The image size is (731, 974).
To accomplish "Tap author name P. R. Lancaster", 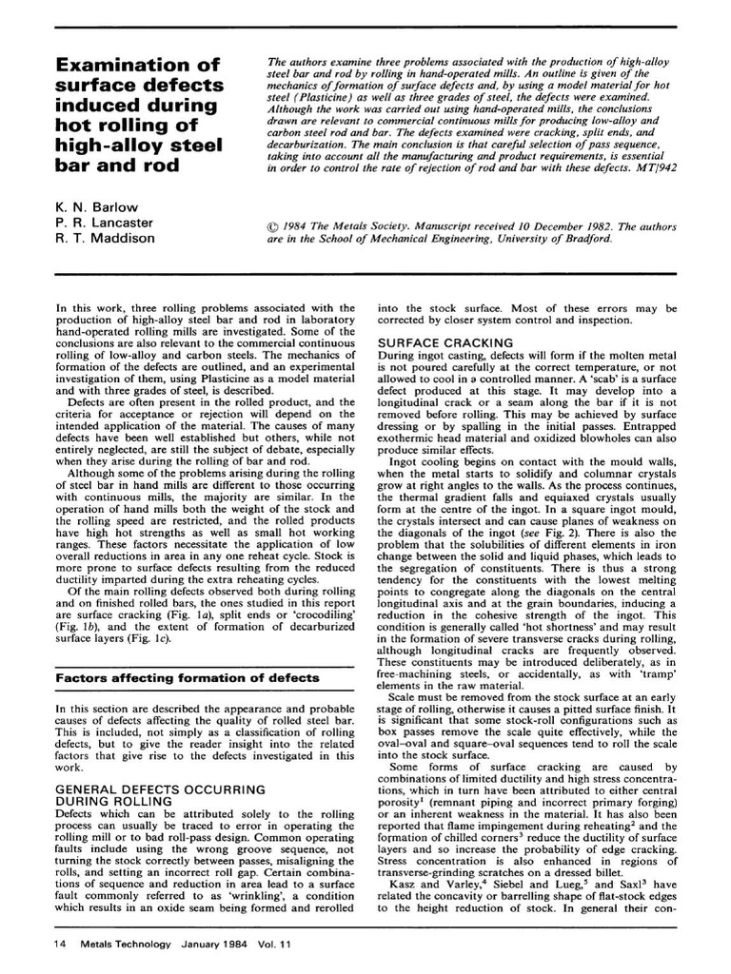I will tap(105, 222).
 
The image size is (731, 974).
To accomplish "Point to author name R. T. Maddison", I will tap(105, 238).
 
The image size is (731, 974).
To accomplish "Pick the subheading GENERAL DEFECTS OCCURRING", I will tap(161, 789).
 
